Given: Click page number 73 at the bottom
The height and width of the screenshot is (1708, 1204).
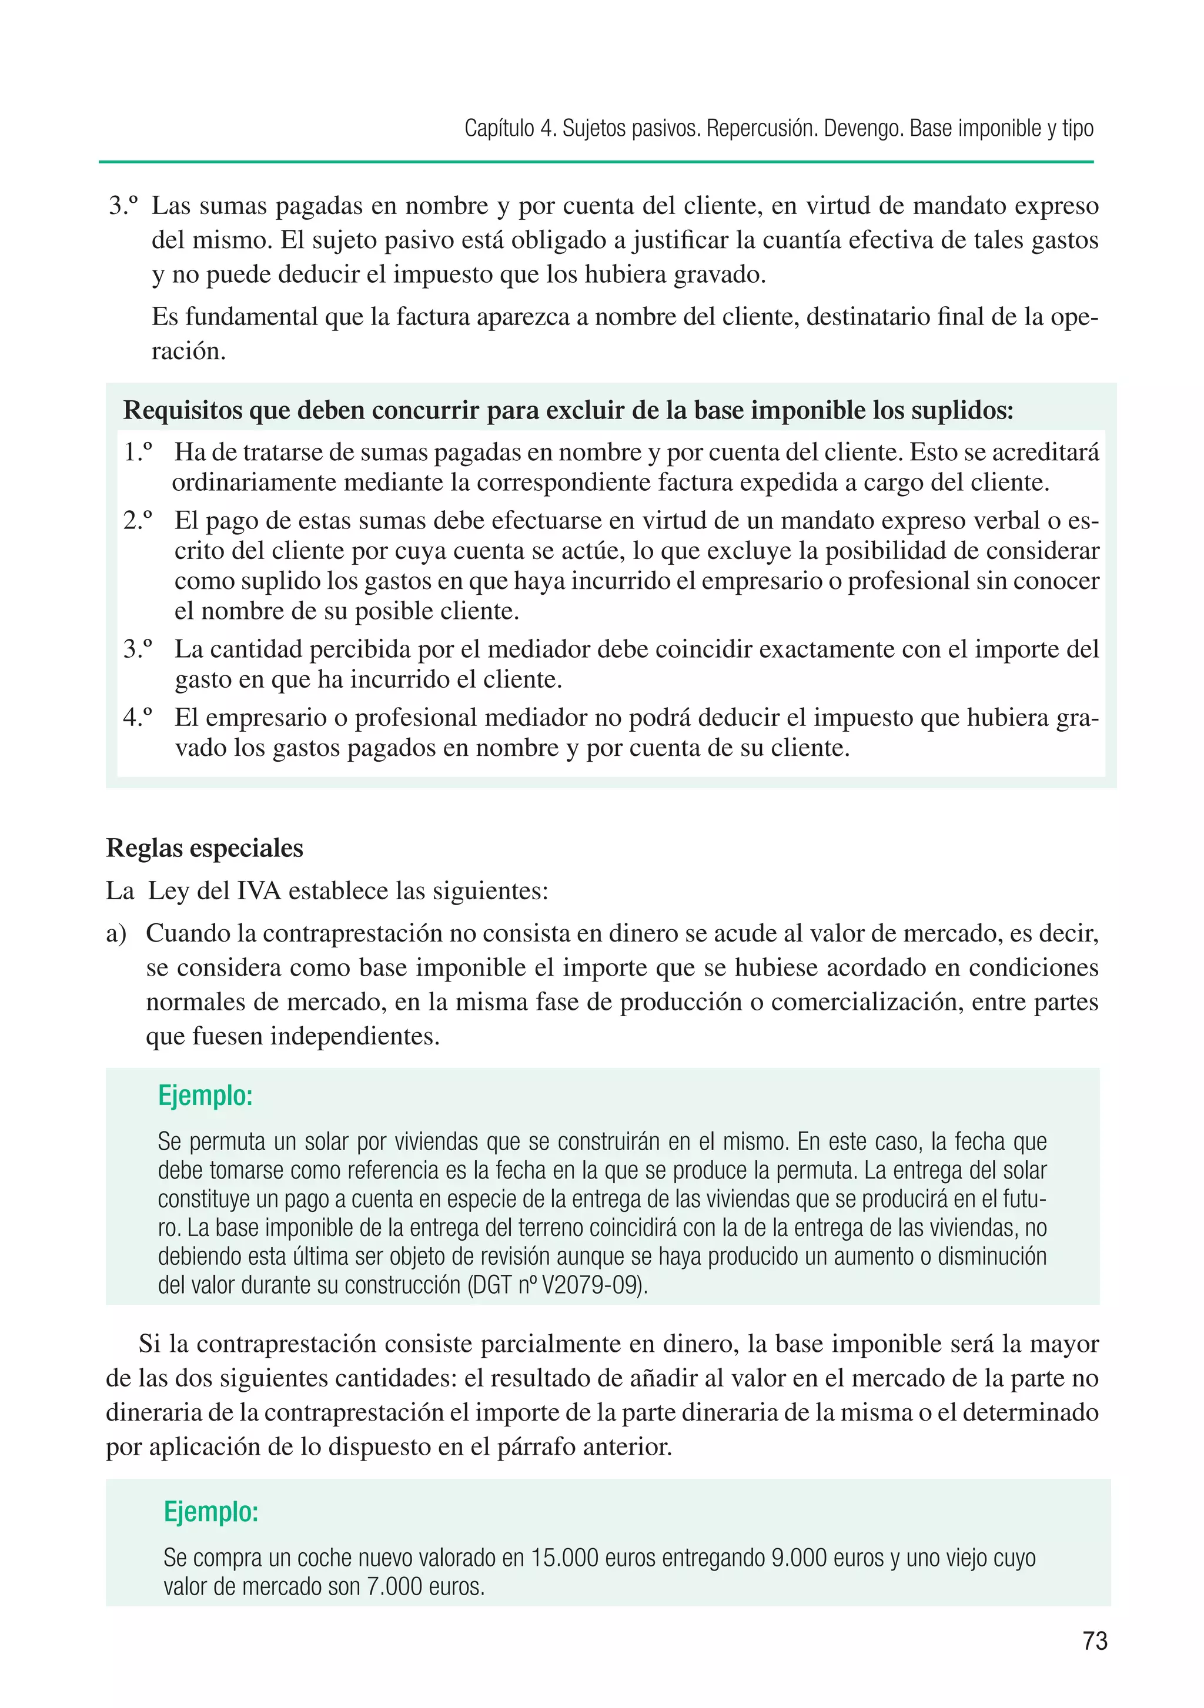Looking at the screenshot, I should click(1095, 1640).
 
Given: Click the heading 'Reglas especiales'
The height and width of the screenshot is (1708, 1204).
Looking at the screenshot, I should click(205, 848).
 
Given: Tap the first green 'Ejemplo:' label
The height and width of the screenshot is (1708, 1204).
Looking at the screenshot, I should click(205, 1095).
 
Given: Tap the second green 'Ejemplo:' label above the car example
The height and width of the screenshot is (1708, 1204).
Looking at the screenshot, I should click(210, 1512).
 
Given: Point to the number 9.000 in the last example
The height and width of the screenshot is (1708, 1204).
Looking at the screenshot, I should click(798, 1558).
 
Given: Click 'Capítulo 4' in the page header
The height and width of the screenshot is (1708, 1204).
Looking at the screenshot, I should click(510, 129).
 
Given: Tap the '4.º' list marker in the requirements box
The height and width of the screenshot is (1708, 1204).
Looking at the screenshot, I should click(138, 717).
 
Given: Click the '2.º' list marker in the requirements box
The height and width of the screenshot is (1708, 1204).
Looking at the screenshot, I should click(138, 520).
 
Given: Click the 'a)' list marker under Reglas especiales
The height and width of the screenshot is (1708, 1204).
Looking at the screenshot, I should click(116, 933).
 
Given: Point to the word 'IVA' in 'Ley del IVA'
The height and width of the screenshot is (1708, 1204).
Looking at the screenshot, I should click(258, 890).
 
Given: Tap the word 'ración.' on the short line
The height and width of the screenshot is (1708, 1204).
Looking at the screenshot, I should click(188, 351).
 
